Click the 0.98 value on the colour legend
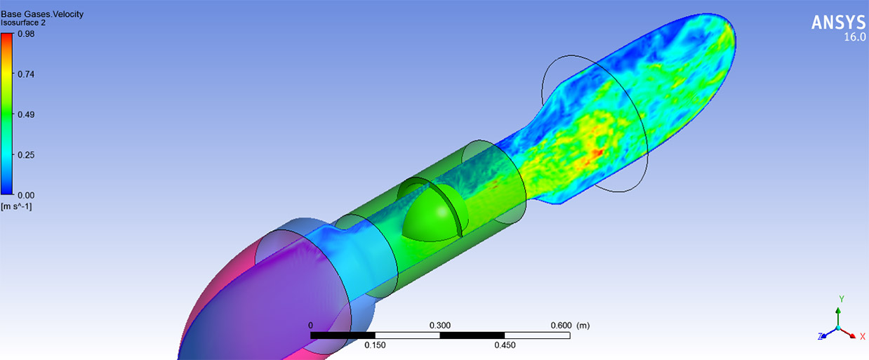coord(26,34)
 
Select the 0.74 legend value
coord(26,74)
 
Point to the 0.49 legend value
coord(26,114)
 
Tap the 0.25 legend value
coord(26,155)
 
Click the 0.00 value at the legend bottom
coord(26,195)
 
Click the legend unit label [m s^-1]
coord(16,206)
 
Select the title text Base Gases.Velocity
coord(42,14)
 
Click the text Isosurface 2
coord(23,22)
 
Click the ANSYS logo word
coord(838,22)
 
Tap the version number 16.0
coord(855,37)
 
